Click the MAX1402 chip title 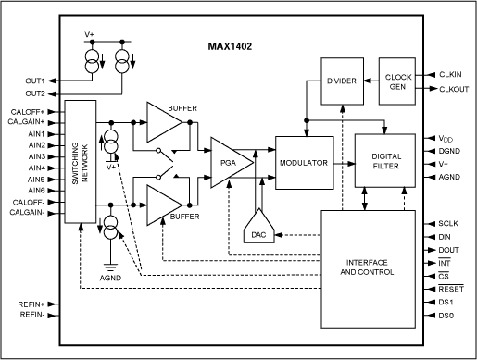pos(230,46)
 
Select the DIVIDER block pos(342,81)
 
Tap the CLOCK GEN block pos(397,81)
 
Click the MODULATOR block pos(305,163)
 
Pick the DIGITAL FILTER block pos(385,161)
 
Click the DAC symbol pos(258,227)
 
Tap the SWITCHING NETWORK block pos(81,161)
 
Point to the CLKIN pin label pos(450,74)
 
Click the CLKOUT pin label pos(454,89)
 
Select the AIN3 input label pos(37,156)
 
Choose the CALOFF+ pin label pos(28,112)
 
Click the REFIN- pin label pos(32,315)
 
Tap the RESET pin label pos(451,289)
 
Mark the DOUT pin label pos(448,250)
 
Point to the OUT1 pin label pos(35,81)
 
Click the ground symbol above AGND pos(110,267)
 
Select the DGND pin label pos(449,151)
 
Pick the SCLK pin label pos(448,223)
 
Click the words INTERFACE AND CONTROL pos(367,267)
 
